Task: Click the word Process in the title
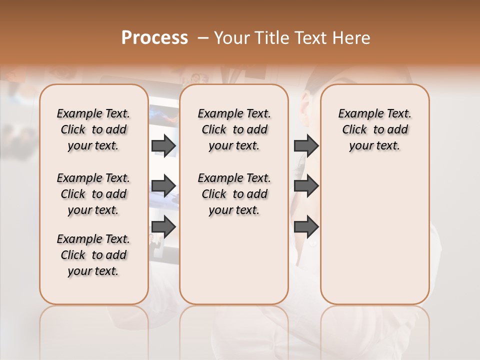pos(154,38)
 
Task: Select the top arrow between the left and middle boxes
pos(163,146)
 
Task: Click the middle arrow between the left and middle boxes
pos(163,186)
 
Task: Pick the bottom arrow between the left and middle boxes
pos(163,227)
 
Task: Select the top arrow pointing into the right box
pos(306,146)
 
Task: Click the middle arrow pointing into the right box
pos(306,186)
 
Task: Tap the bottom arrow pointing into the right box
pos(306,227)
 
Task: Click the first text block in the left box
pos(93,129)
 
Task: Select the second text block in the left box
pos(93,194)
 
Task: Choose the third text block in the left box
pos(93,255)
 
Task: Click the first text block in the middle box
pos(234,129)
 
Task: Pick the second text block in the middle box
pos(234,194)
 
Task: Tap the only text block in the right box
pos(374,129)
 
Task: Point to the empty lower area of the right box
pos(374,240)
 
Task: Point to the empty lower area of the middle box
pos(234,260)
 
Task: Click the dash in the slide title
pos(203,38)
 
